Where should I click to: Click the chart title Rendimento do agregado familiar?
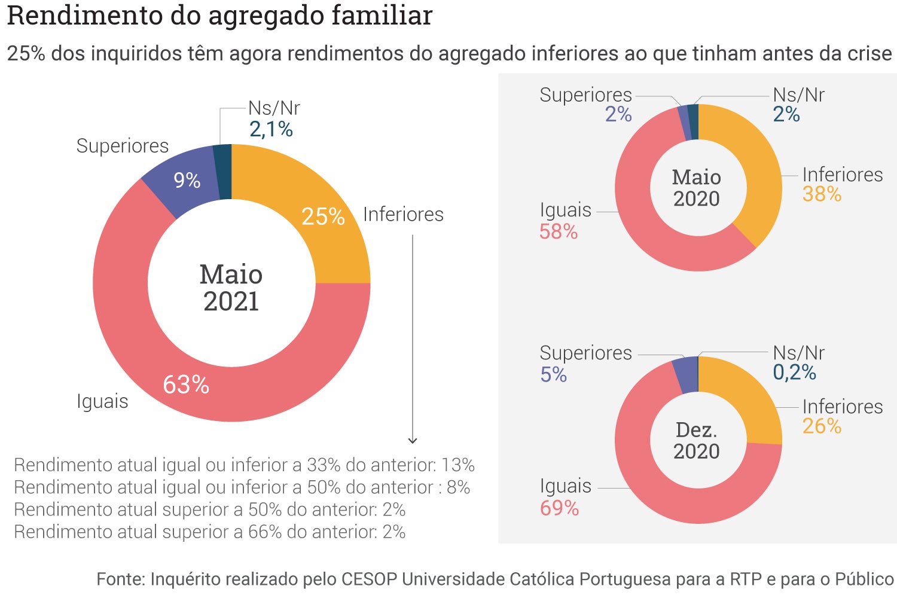point(219,16)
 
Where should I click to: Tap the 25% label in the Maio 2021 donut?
point(323,216)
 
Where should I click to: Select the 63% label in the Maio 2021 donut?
point(186,385)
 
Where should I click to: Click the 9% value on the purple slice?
point(187,180)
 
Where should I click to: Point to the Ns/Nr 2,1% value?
point(271,129)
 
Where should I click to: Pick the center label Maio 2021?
point(231,288)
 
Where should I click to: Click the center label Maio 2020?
point(697,188)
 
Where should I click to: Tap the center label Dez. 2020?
point(697,440)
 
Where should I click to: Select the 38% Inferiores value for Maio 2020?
point(822,194)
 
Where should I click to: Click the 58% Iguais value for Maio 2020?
point(559,231)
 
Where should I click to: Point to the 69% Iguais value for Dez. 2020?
point(559,508)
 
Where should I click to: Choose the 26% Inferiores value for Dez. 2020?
point(822,426)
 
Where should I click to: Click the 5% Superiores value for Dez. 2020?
point(553,375)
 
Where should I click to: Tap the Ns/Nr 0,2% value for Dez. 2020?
point(794,373)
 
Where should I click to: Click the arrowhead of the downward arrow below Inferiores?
point(413,441)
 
